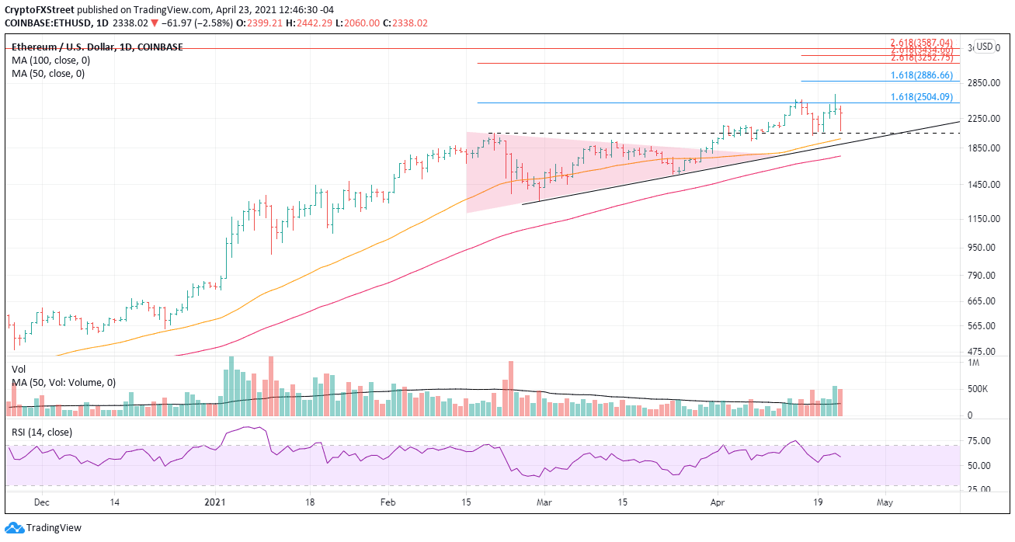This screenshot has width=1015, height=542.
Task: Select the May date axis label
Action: [885, 502]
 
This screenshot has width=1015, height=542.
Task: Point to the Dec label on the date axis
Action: [43, 502]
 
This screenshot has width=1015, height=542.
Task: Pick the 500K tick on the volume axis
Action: [977, 389]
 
